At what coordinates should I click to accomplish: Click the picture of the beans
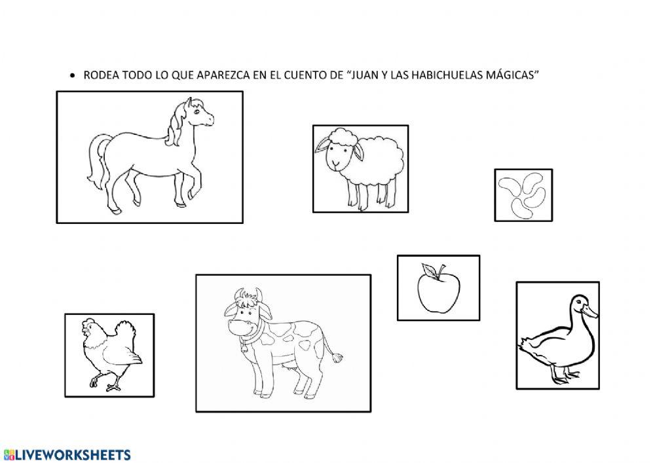[x=523, y=195]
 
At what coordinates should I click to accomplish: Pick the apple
[x=439, y=289]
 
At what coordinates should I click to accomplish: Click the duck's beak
[x=590, y=311]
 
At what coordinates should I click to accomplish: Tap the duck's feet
[x=564, y=377]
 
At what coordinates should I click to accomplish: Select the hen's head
[x=90, y=327]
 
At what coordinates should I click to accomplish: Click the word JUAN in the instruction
[x=363, y=75]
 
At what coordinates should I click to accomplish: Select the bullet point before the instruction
[x=73, y=76]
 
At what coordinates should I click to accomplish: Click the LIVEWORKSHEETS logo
[x=67, y=454]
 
